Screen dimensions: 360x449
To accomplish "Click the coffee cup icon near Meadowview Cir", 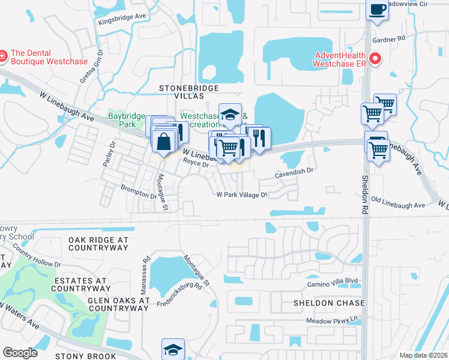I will [376, 10].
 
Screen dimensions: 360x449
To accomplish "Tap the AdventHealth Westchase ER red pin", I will [376, 58].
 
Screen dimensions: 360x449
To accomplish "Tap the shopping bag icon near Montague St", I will [164, 143].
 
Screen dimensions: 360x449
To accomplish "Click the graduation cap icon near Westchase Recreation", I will [229, 114].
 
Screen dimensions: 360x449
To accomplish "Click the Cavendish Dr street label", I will [294, 171].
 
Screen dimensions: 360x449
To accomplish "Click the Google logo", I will [20, 353].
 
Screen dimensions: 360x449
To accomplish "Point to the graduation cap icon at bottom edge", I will [173, 349].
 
